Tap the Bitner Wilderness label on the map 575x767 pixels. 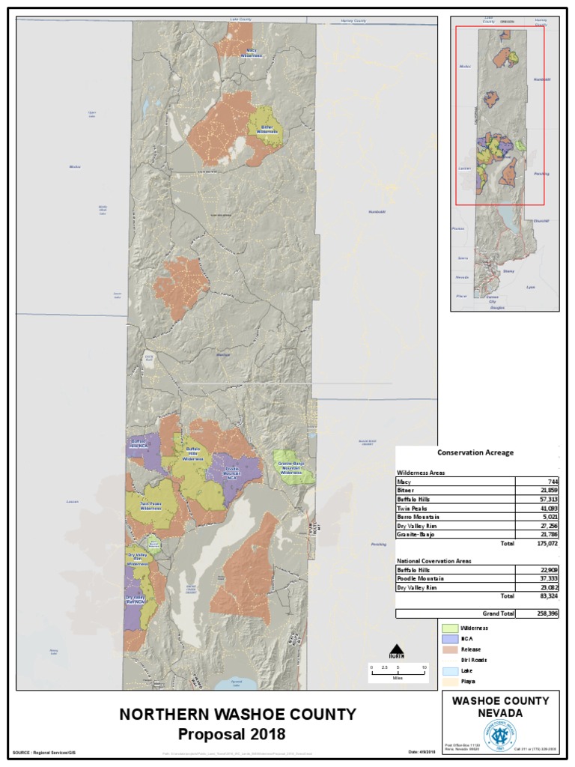click(267, 130)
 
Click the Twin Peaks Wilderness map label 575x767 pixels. click(150, 506)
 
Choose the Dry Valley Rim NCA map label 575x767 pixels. click(135, 599)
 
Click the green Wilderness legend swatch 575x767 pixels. click(450, 628)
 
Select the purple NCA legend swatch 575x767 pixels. click(450, 639)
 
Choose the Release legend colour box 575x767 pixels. click(450, 649)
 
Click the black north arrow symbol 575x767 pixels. click(398, 649)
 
